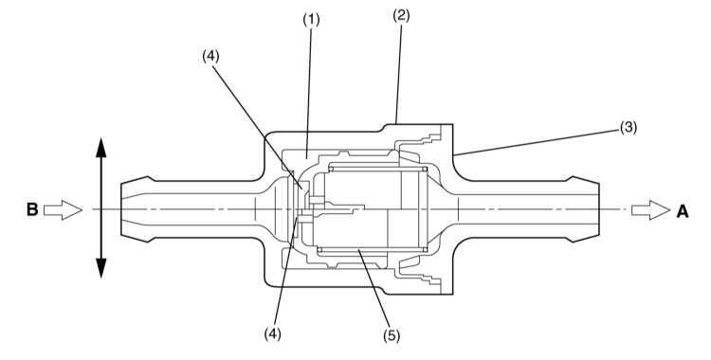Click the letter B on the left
click(x=32, y=210)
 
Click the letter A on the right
click(x=683, y=211)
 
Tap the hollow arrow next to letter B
click(x=63, y=210)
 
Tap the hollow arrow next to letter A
click(x=650, y=210)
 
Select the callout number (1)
click(x=312, y=20)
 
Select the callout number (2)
click(x=401, y=16)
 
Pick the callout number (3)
click(x=629, y=128)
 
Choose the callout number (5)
click(x=392, y=335)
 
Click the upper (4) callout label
click(x=210, y=56)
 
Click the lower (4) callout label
click(x=272, y=334)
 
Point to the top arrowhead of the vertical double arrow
click(x=100, y=148)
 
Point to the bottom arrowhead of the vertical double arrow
click(x=100, y=268)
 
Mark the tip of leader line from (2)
click(x=396, y=123)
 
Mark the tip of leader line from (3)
click(x=453, y=155)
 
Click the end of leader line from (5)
click(x=358, y=249)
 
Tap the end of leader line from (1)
click(x=306, y=159)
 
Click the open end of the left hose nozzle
click(x=121, y=209)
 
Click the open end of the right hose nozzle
click(x=599, y=209)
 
